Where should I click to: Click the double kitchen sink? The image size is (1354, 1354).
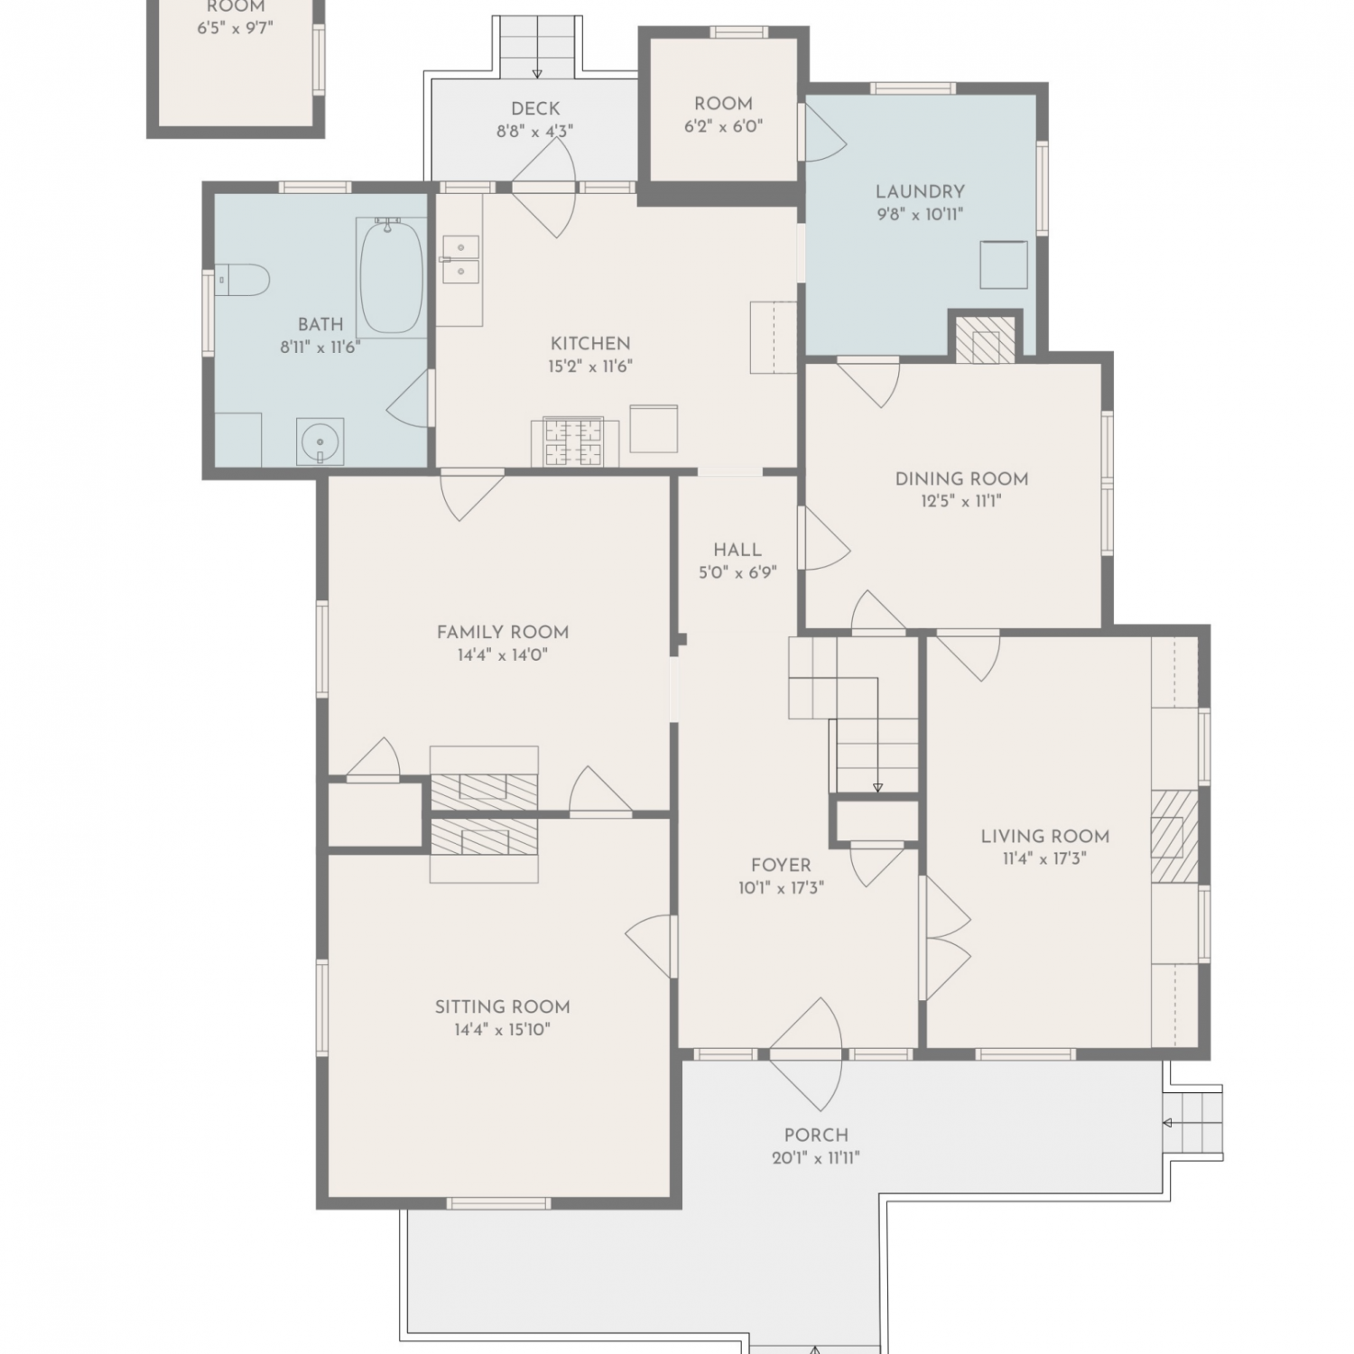[x=460, y=260]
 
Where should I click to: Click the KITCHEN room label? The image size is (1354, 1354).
[x=590, y=343]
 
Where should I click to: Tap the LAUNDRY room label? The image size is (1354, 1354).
[x=920, y=191]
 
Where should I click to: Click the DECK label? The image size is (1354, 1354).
[x=535, y=108]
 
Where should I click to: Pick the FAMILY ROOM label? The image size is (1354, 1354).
[x=503, y=632]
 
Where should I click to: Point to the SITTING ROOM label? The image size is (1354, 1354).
[x=503, y=1006]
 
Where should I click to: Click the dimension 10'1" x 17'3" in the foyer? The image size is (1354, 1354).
[x=781, y=888]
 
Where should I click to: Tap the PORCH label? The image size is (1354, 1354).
[x=816, y=1135]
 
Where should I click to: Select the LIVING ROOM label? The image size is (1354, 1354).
[x=1045, y=836]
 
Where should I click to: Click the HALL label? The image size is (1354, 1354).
[x=737, y=549]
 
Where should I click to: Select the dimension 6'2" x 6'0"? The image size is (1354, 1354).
[x=724, y=127]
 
